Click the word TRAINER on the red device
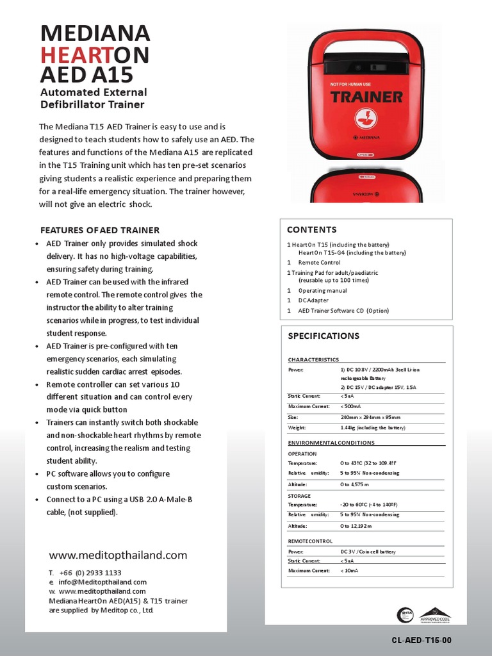click(366, 97)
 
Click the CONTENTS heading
click(311, 229)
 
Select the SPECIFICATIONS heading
click(324, 336)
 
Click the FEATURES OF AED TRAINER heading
click(100, 230)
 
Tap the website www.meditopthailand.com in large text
click(118, 555)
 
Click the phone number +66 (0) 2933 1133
click(90, 572)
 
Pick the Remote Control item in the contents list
click(319, 263)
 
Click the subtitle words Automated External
click(94, 92)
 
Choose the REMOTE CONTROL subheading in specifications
click(310, 541)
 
